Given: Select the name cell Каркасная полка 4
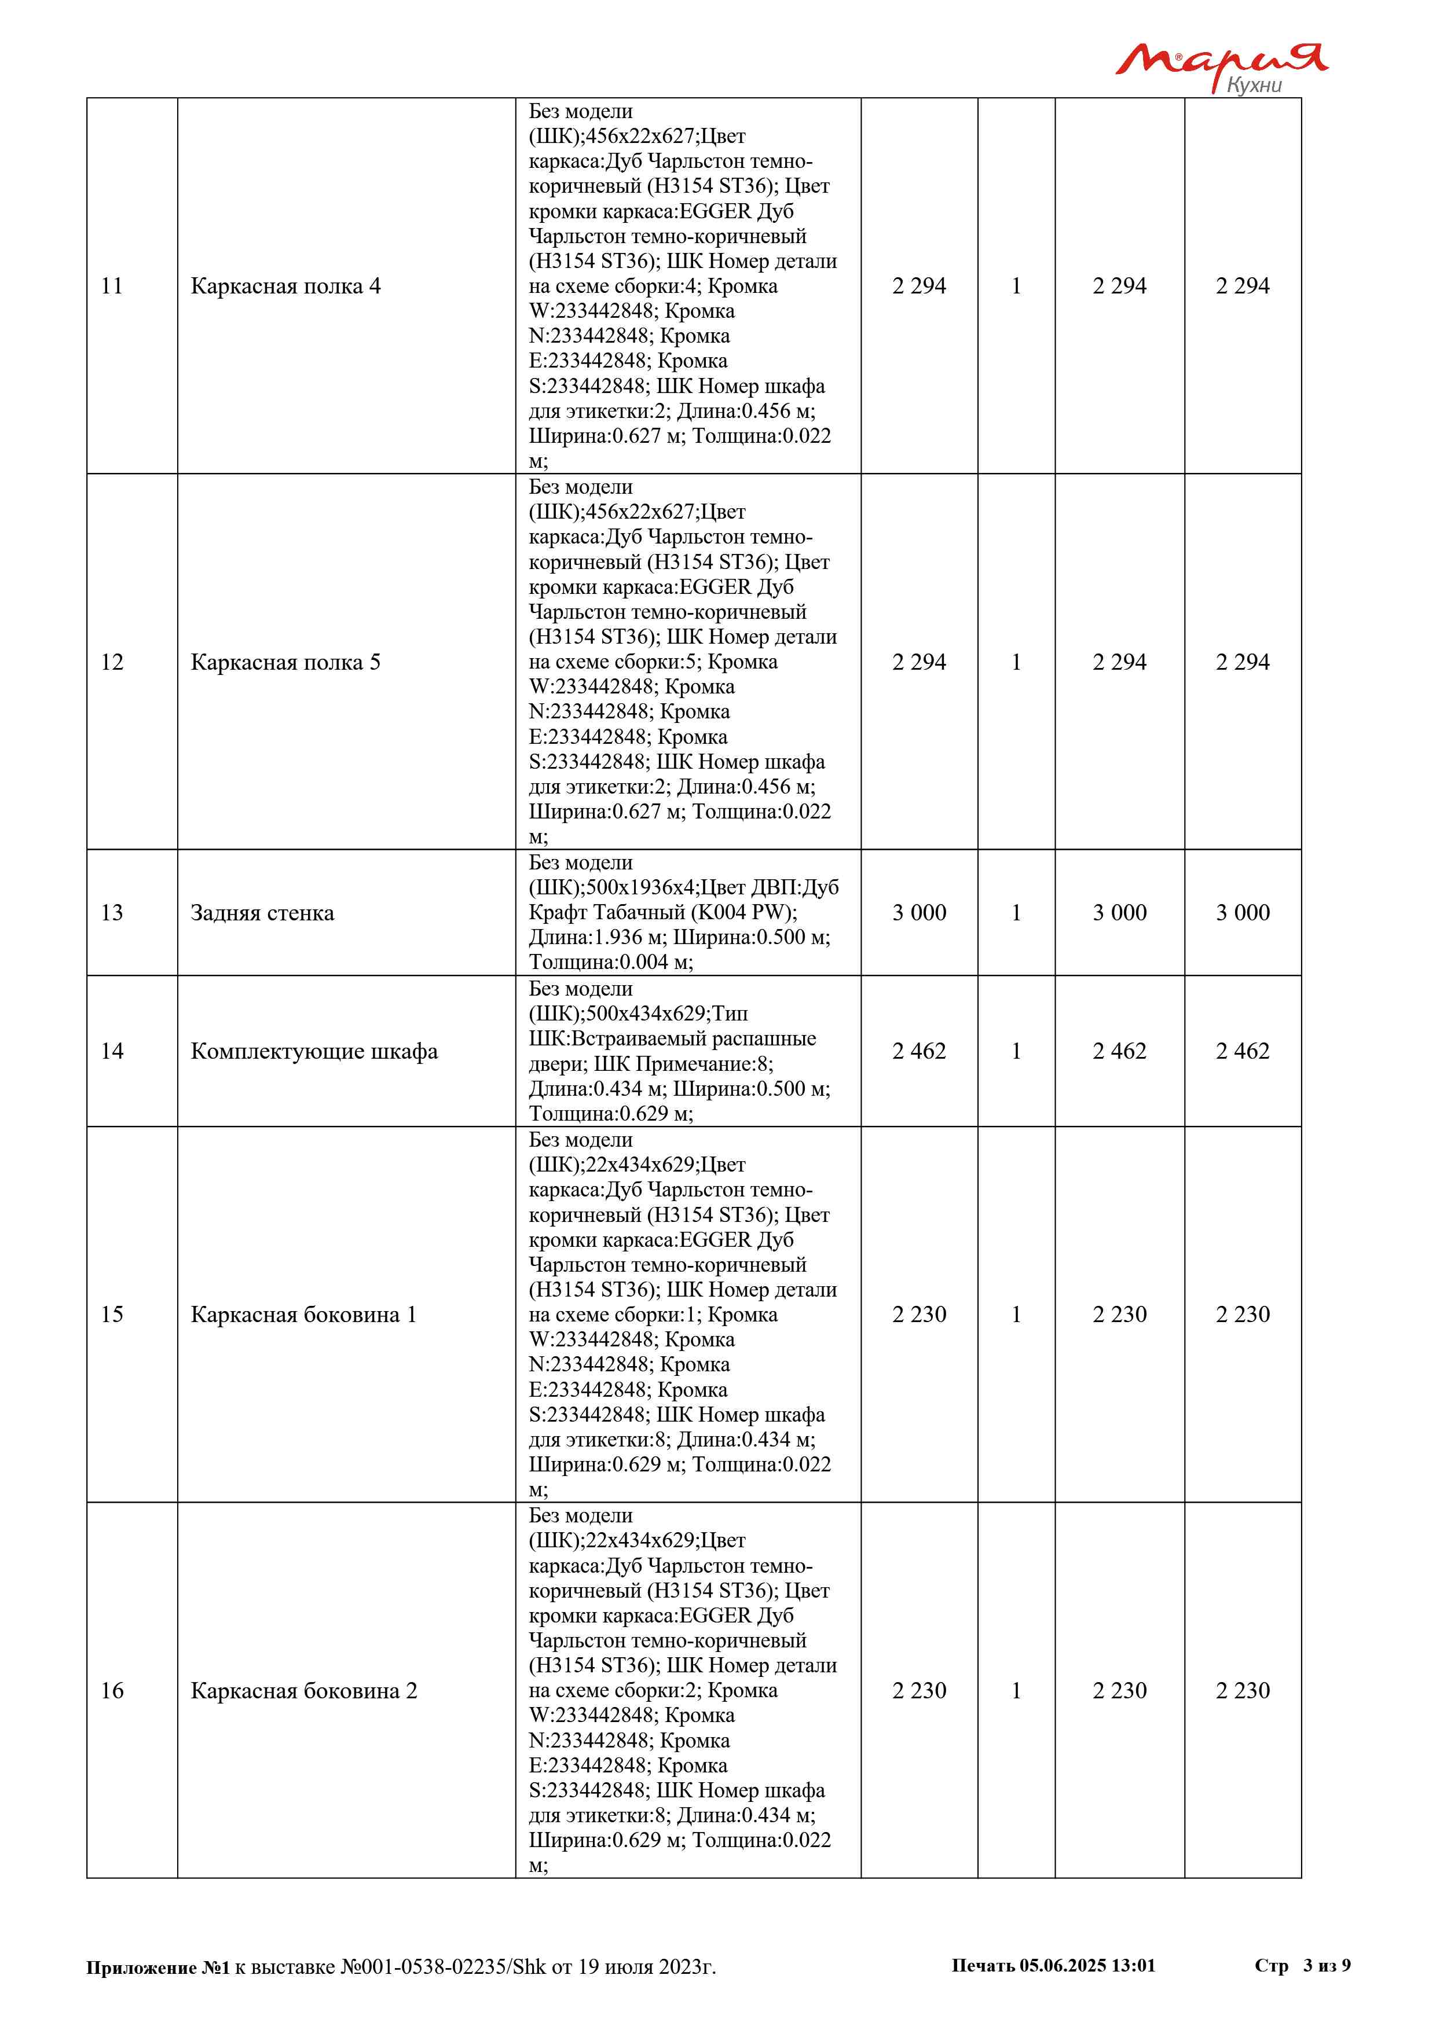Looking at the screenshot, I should click(285, 287).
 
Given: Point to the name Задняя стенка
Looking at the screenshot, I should click(263, 913).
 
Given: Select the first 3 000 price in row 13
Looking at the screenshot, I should click(919, 913).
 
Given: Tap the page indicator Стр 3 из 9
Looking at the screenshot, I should click(1302, 1965).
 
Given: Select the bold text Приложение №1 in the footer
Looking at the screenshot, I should click(157, 1967).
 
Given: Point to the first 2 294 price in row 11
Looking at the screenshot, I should click(919, 287).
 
